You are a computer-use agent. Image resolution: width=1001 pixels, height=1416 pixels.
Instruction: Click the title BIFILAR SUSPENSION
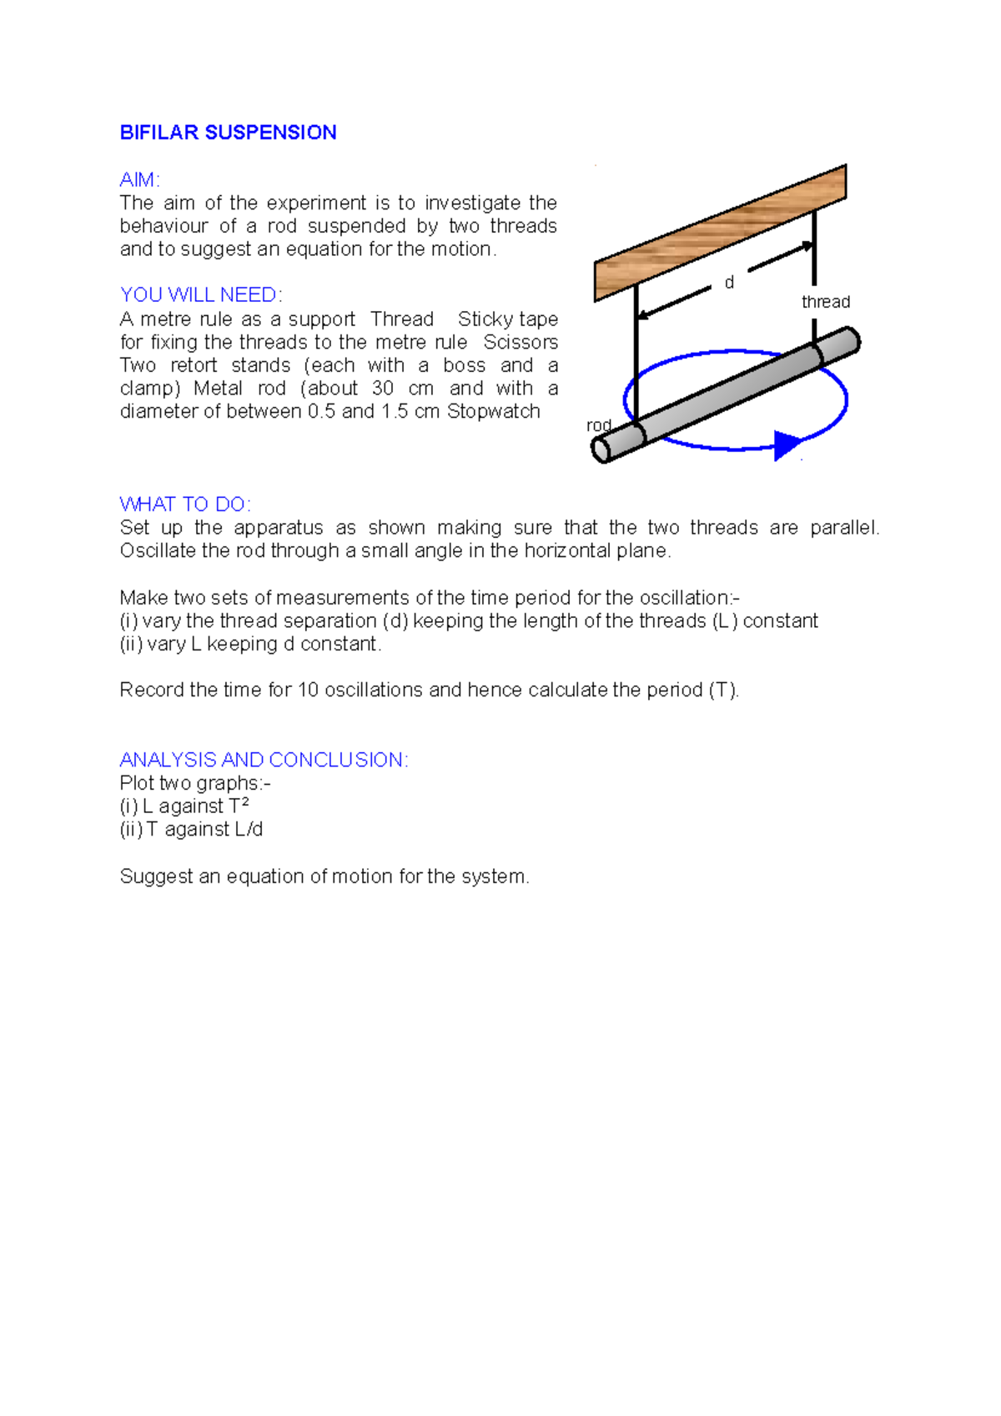(228, 133)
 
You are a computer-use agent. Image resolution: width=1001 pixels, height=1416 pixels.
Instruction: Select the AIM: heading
(139, 180)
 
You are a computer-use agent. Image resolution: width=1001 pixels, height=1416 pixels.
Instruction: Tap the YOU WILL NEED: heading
(201, 295)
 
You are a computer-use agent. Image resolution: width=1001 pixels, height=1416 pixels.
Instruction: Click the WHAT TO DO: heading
(185, 505)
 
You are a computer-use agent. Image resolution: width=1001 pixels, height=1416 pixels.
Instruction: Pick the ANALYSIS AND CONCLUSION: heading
(264, 760)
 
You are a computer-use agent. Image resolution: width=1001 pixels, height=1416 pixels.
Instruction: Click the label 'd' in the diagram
(729, 283)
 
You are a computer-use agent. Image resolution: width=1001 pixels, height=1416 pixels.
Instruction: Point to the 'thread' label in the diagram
(825, 302)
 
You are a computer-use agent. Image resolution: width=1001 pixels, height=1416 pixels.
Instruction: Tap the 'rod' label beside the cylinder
(598, 425)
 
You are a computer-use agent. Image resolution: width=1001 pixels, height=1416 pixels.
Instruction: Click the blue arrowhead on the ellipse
(786, 445)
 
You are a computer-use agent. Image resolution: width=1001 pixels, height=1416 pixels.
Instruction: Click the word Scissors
(521, 343)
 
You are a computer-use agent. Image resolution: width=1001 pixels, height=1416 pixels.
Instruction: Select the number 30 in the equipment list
(383, 389)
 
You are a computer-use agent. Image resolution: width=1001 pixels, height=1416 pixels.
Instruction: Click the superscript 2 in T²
(244, 802)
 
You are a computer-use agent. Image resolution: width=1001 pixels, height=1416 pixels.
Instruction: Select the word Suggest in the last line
(156, 876)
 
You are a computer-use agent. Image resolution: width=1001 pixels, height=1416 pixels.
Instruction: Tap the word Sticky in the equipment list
(485, 319)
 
